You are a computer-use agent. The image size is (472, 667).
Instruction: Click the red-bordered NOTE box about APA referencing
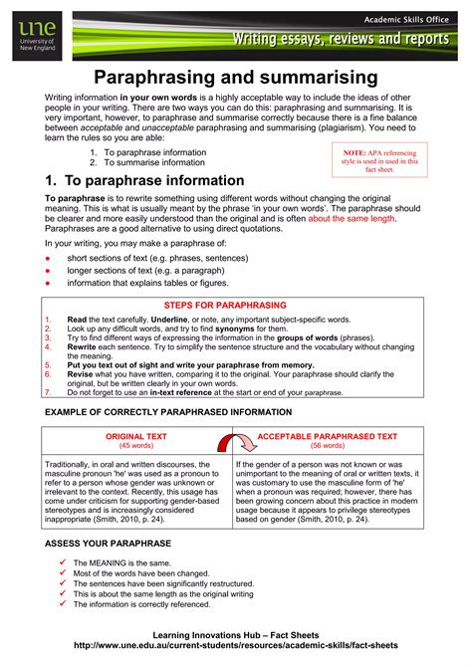(379, 156)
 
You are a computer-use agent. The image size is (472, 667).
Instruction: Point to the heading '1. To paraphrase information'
(144, 180)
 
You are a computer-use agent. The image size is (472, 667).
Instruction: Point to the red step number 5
(48, 366)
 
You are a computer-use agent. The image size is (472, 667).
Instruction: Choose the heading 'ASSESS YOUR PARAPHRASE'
(109, 543)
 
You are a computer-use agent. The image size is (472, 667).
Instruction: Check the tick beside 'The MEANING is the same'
(63, 562)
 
